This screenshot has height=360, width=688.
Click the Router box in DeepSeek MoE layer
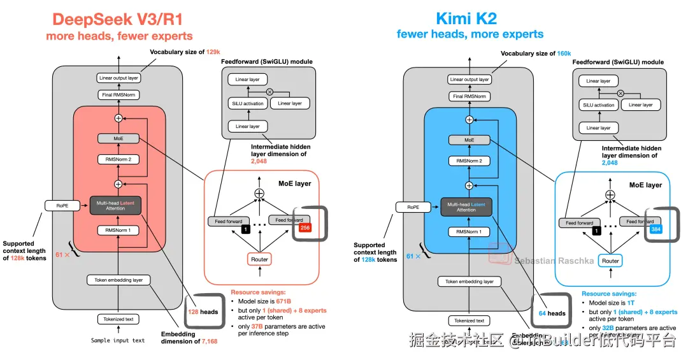click(259, 259)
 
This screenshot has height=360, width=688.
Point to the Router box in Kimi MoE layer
click(610, 261)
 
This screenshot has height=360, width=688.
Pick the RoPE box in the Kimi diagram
click(409, 206)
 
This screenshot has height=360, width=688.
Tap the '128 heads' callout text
click(203, 312)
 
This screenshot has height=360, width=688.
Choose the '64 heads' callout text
click(552, 313)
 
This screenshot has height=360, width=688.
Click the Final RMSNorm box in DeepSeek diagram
click(118, 95)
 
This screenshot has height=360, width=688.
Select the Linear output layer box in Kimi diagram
click(469, 80)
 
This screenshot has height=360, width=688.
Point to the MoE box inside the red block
click(118, 138)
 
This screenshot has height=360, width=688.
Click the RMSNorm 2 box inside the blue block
click(469, 161)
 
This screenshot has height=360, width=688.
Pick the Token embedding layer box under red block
click(118, 280)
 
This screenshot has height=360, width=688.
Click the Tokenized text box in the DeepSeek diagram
click(118, 319)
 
